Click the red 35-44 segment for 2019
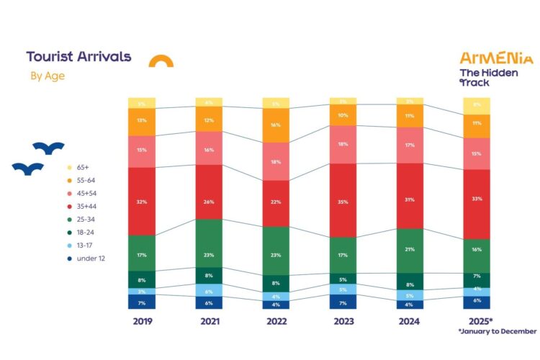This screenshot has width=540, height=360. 143,201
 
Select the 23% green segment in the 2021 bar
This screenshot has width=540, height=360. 209,243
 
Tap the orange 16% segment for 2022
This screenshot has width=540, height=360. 275,125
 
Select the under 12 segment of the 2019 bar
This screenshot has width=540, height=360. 143,302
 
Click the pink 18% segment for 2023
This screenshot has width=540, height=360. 342,144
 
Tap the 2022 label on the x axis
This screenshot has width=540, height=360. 275,321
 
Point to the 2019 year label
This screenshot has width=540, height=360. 143,321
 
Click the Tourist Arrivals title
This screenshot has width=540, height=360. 78,57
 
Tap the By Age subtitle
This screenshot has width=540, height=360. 48,75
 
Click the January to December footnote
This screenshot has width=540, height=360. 497,332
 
